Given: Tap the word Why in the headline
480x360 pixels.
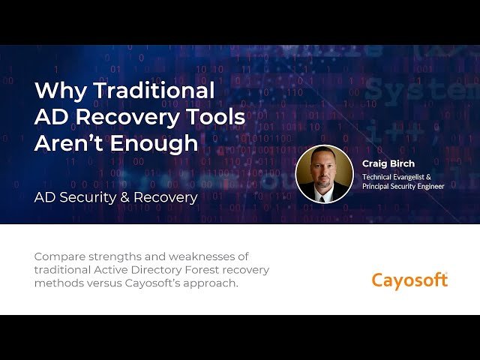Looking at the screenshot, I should tap(59, 90).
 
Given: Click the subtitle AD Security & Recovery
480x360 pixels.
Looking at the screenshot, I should tap(115, 197).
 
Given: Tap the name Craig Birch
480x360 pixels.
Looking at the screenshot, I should tap(388, 163).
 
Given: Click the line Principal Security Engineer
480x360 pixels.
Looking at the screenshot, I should tap(403, 187).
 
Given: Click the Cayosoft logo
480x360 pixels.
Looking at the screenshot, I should tap(409, 280).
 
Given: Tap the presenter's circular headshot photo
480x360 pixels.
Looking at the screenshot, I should tap(324, 174).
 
